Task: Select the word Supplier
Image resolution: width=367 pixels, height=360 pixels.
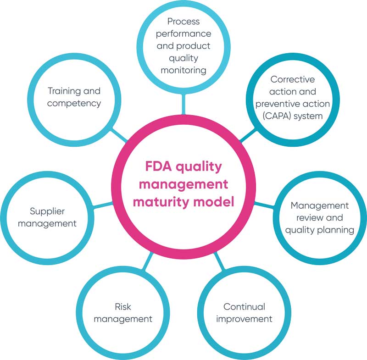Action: click(x=47, y=211)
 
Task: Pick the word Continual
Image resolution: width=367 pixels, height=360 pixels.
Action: click(x=244, y=306)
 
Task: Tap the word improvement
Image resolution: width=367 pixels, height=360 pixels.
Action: click(x=244, y=319)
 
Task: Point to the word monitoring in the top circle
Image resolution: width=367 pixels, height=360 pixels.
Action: click(x=183, y=70)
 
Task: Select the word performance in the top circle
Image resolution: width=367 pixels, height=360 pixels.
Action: click(x=183, y=33)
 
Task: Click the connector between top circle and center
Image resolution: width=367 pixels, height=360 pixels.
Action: click(x=183, y=103)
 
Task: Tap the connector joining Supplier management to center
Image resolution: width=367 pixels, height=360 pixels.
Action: click(x=103, y=205)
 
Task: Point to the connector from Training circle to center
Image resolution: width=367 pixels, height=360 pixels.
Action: click(x=120, y=134)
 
